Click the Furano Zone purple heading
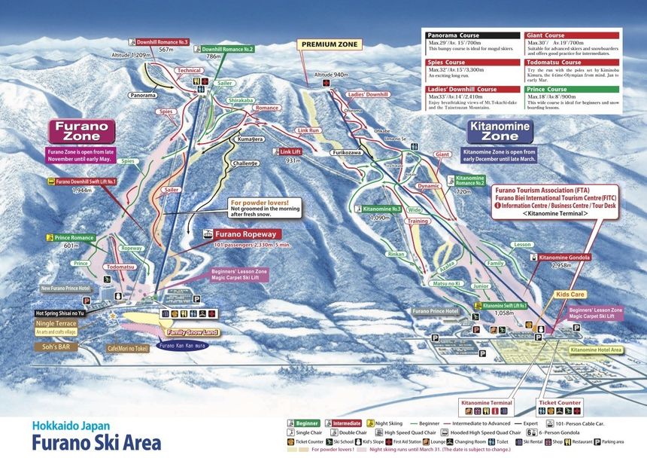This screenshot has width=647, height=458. (x=82, y=132)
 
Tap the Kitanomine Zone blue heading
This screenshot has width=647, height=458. (x=500, y=132)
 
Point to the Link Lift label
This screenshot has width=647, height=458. (x=291, y=151)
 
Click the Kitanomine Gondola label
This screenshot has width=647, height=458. (x=564, y=257)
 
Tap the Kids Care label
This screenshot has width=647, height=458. (x=570, y=295)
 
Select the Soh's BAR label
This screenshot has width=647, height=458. (x=53, y=347)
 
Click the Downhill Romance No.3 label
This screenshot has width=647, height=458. (x=163, y=42)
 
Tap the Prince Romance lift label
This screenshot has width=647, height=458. (x=73, y=238)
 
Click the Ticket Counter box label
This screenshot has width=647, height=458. (x=560, y=403)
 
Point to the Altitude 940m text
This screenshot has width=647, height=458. (x=330, y=75)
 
